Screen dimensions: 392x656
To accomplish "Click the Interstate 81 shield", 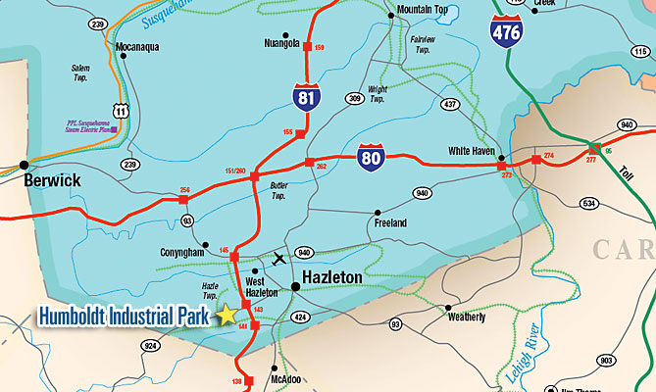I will coord(305,95).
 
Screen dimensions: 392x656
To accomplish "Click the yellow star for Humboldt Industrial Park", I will coord(227,315).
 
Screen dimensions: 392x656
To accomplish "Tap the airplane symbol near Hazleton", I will coord(279,259).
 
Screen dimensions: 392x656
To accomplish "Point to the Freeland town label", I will coord(390,223).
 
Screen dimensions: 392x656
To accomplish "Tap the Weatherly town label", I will coord(466,317).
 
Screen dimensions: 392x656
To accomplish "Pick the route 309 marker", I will coord(354,98).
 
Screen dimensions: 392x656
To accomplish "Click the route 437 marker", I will coord(450,104).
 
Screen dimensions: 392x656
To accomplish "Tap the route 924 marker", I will coord(150,346).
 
